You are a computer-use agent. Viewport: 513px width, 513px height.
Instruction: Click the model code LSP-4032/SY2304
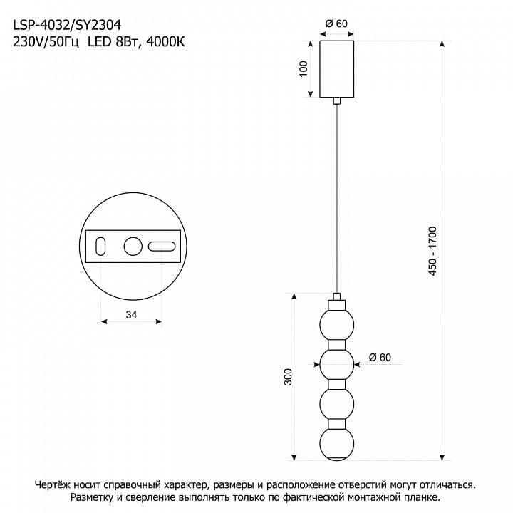click(67, 25)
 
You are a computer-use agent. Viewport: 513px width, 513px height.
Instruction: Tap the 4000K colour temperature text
click(165, 42)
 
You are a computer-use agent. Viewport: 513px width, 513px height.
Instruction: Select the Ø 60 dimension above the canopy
click(336, 24)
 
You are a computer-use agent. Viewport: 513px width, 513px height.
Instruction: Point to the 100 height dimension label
click(304, 68)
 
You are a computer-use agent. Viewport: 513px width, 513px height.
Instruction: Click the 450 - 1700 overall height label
click(432, 251)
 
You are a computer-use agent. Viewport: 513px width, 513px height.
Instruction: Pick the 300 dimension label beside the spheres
click(288, 377)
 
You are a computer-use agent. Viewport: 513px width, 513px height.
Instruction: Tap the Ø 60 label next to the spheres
click(380, 357)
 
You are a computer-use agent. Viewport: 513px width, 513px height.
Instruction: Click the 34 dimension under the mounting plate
click(131, 314)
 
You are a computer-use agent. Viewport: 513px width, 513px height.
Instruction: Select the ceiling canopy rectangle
click(336, 69)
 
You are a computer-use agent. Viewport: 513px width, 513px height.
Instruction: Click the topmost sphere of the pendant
click(336, 325)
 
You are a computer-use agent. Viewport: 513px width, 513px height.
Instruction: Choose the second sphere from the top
click(336, 365)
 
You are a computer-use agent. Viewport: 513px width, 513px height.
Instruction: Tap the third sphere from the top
click(336, 405)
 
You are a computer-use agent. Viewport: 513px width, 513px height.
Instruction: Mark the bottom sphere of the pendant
click(336, 445)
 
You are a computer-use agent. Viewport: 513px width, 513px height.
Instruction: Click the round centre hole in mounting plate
click(133, 247)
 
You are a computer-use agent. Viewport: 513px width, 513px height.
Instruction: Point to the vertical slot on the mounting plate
click(100, 247)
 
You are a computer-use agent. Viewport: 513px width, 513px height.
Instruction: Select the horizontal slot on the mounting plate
click(162, 247)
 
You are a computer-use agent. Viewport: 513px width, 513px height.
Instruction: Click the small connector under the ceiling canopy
click(336, 100)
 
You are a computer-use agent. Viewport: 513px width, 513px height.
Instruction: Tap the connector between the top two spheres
click(336, 345)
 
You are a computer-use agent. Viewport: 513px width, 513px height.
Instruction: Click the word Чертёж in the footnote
click(52, 485)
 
